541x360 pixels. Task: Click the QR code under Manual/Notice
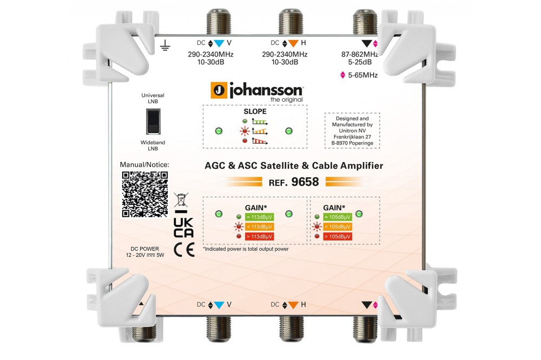(144, 195)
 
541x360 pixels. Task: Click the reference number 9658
(305, 182)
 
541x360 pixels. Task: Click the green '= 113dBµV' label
(258, 217)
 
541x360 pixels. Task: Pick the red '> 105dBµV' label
(338, 236)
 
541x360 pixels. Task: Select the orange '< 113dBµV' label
(258, 226)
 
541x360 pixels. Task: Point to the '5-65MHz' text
(362, 76)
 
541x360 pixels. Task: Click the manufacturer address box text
(352, 130)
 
